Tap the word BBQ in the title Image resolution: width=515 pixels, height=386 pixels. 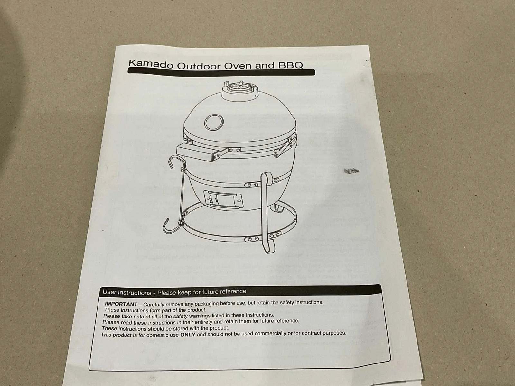tap(290, 65)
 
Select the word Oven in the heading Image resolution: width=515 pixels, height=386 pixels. tap(238, 66)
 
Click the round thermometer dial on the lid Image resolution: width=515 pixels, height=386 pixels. tap(214, 122)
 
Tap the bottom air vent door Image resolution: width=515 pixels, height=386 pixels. tap(223, 199)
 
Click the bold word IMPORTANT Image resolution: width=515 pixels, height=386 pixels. tap(121, 304)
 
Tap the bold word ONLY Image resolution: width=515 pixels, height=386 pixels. tap(188, 335)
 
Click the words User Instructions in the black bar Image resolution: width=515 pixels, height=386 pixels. tap(127, 292)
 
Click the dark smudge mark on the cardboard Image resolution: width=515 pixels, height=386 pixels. tap(351, 171)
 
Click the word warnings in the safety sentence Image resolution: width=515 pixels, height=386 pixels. tap(198, 316)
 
